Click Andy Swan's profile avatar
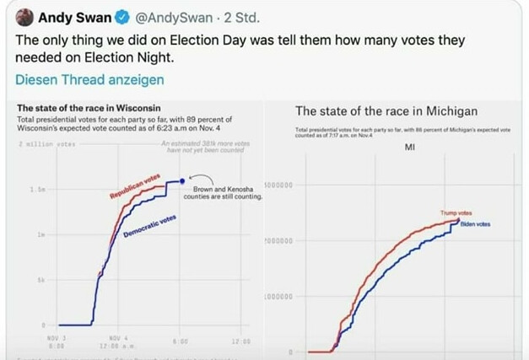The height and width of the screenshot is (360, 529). click(x=24, y=18)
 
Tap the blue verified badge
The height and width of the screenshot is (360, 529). click(x=120, y=18)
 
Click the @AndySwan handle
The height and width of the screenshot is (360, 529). click(x=169, y=18)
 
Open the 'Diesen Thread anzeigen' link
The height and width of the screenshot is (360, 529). click(x=90, y=80)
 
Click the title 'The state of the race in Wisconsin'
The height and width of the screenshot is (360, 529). click(x=89, y=108)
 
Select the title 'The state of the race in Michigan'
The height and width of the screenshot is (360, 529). click(x=386, y=111)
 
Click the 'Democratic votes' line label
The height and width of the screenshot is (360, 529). click(x=148, y=225)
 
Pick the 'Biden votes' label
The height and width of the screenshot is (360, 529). click(x=475, y=223)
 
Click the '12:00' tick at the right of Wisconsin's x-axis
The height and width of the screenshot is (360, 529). click(x=240, y=340)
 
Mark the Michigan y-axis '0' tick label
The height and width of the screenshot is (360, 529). click(x=289, y=352)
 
